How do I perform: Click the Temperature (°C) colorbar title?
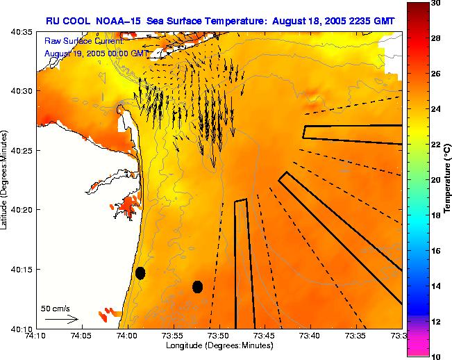(x=448, y=179)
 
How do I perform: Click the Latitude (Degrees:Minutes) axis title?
(x=6, y=179)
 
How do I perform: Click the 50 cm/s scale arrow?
(x=61, y=319)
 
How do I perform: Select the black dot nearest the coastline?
(x=140, y=273)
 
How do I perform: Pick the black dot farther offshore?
(x=197, y=286)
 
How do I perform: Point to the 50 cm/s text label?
(x=56, y=308)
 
